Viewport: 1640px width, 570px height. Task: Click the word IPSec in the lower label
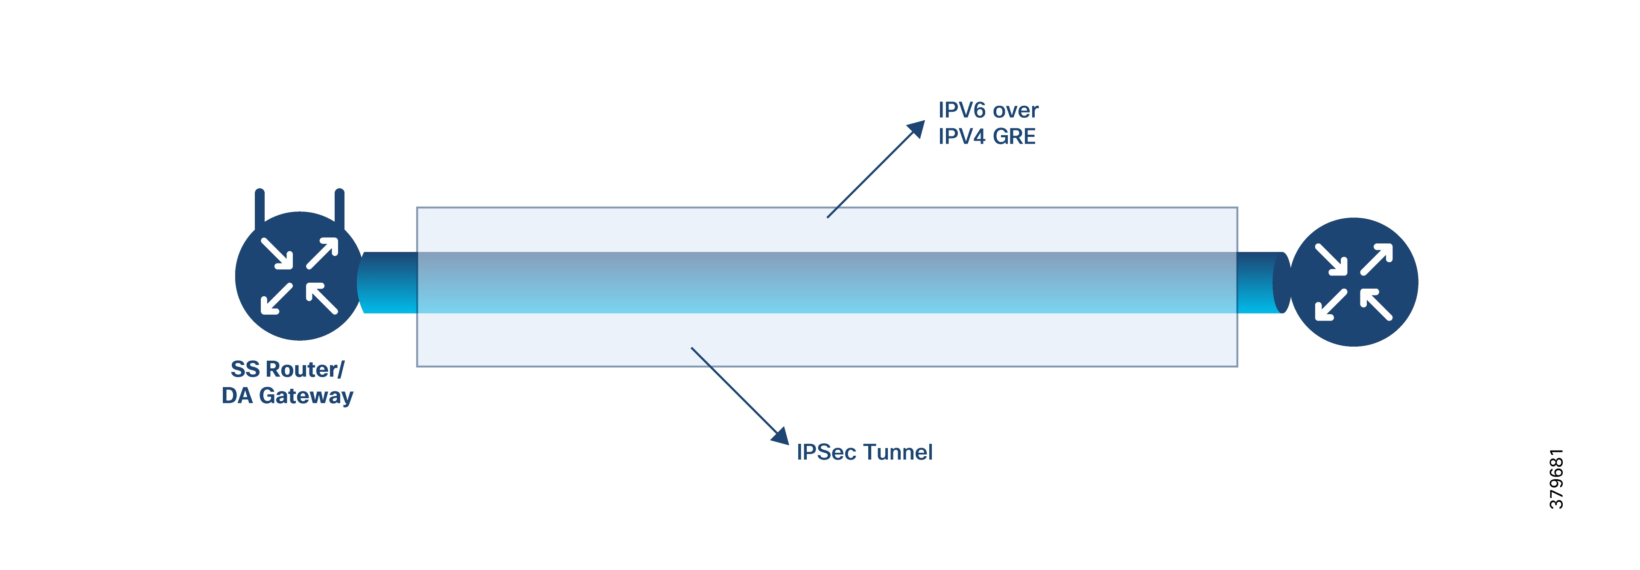pyautogui.click(x=826, y=452)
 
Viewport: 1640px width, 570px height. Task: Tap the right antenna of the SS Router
pyautogui.click(x=339, y=207)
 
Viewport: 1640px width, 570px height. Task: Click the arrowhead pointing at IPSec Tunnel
pyautogui.click(x=781, y=437)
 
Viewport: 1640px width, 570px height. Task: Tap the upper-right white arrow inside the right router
pyautogui.click(x=1377, y=258)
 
